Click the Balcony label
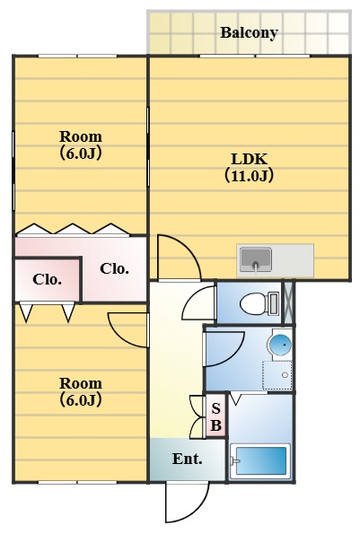pyautogui.click(x=249, y=33)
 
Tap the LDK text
pyautogui.click(x=249, y=160)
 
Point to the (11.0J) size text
pyautogui.click(x=249, y=176)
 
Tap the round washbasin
pyautogui.click(x=280, y=343)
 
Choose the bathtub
pyautogui.click(x=259, y=460)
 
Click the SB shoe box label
pyautogui.click(x=215, y=416)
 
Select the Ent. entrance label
pyautogui.click(x=187, y=460)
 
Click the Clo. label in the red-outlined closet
pyautogui.click(x=48, y=279)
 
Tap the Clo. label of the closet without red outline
pyautogui.click(x=114, y=268)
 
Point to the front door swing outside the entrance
pyautogui.click(x=185, y=503)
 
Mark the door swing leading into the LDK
pyautogui.click(x=178, y=257)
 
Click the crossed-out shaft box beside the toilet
pyautogui.click(x=288, y=302)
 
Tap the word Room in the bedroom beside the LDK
pyautogui.click(x=80, y=136)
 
